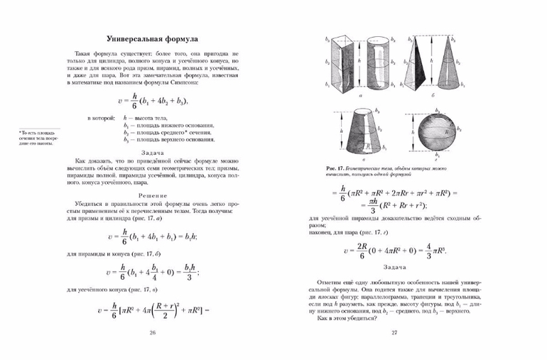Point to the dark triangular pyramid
418,63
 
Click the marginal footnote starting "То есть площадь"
40,138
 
